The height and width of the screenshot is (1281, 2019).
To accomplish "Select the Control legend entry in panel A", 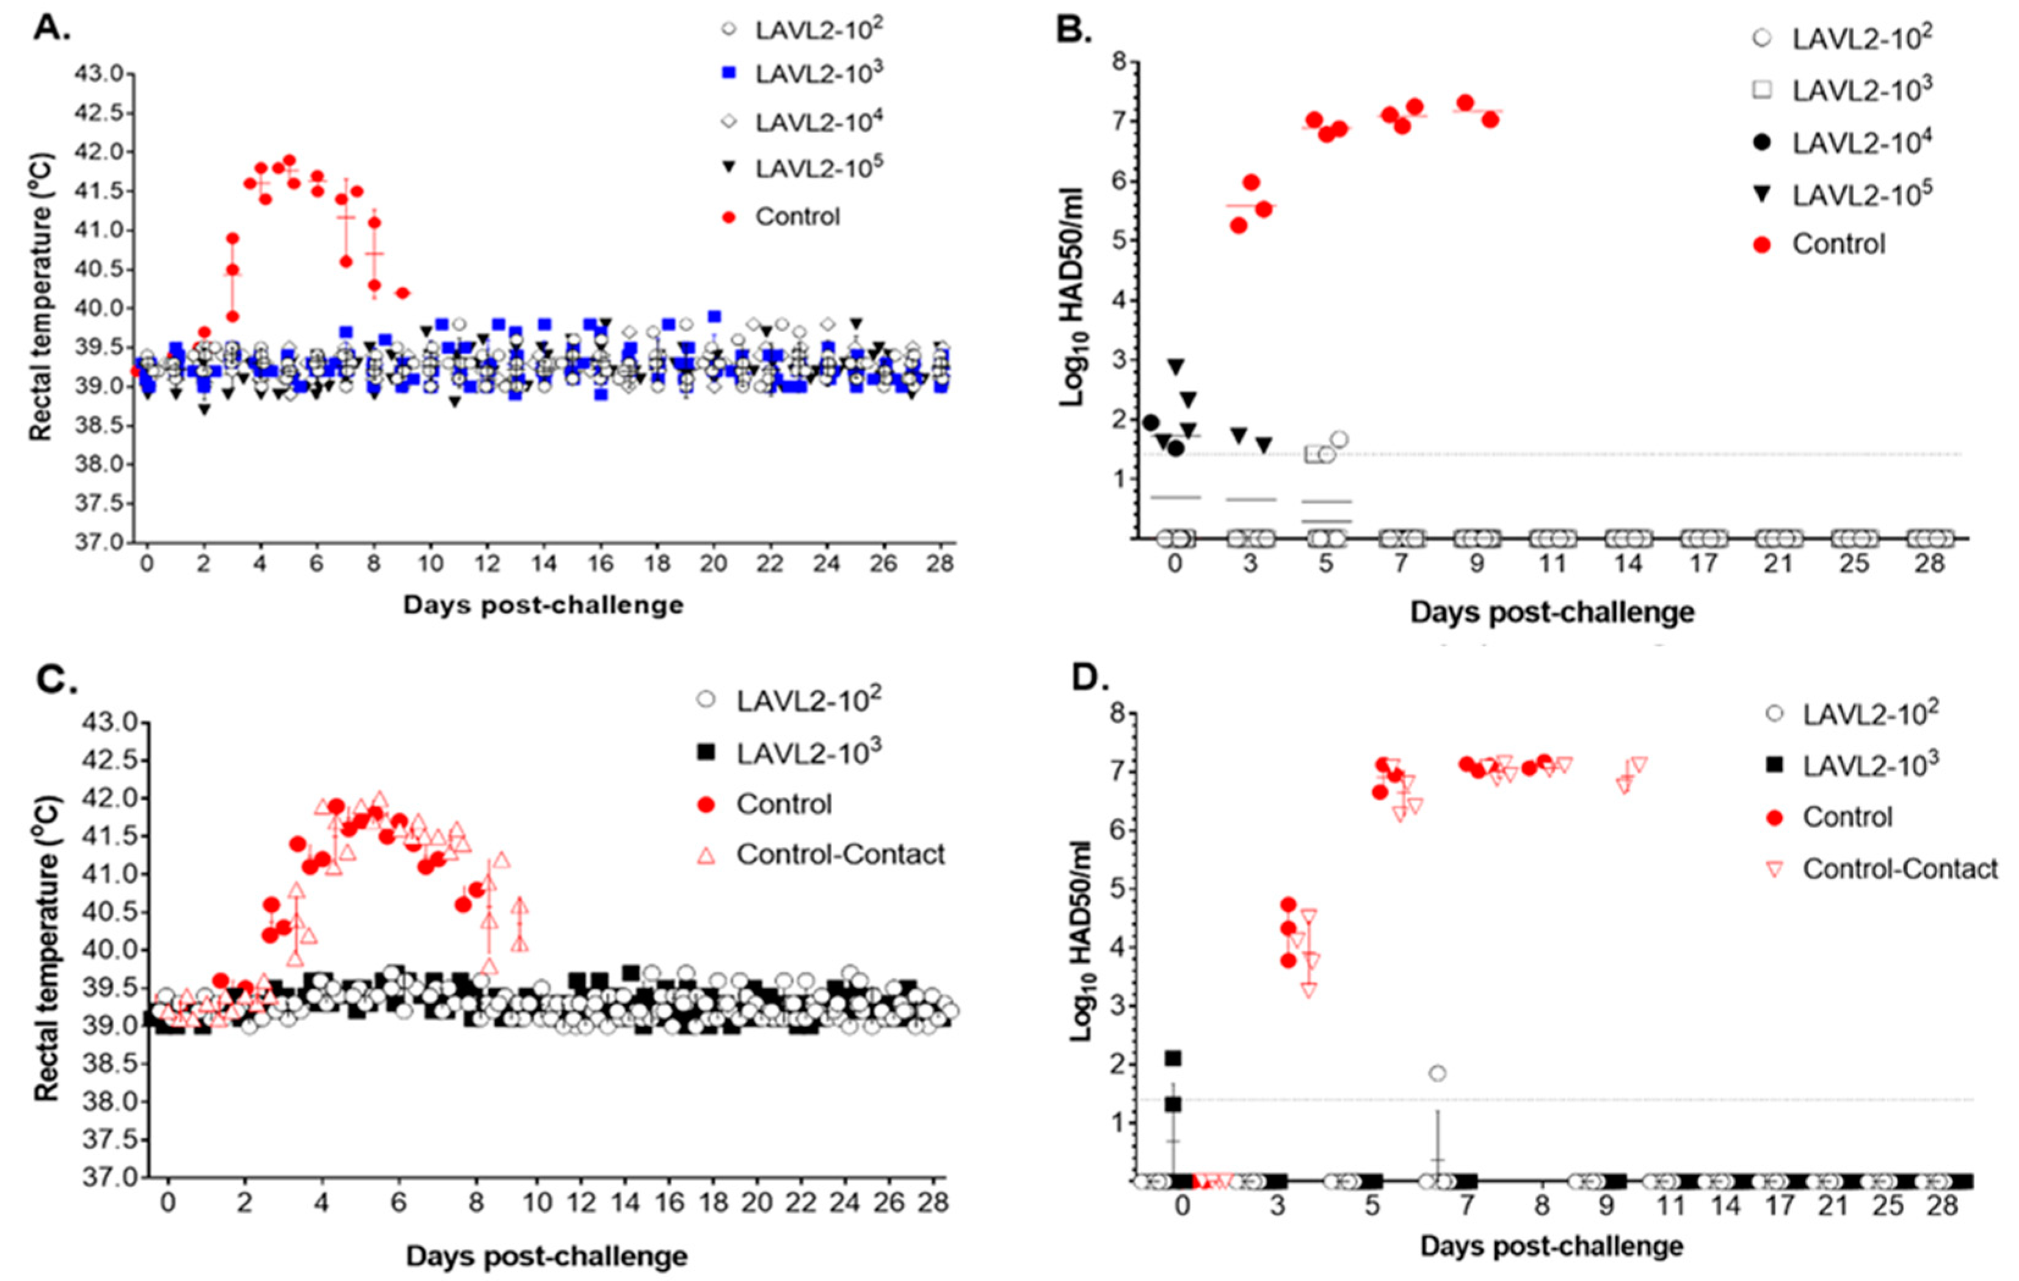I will pos(797,217).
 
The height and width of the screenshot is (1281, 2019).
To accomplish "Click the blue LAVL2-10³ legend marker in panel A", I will pos(728,74).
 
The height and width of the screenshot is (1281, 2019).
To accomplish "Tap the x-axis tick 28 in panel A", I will pos(940,564).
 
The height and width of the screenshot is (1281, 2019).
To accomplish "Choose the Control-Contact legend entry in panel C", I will pos(840,854).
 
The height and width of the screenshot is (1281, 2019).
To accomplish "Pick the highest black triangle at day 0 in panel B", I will pos(1175,367).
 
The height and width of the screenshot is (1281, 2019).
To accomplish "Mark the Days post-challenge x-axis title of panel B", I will pos(1551,612).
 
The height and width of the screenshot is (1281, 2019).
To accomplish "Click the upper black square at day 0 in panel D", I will pos(1173,1059).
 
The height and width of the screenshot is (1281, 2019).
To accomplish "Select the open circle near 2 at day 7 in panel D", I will pos(1437,1073).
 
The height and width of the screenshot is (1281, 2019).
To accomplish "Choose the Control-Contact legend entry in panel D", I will pos(1900,868).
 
